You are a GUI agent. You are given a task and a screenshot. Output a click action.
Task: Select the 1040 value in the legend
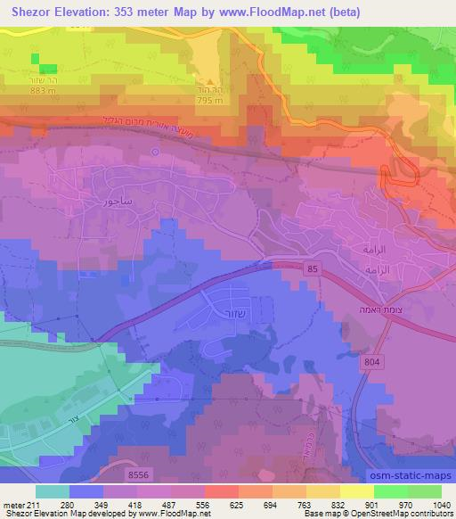442,505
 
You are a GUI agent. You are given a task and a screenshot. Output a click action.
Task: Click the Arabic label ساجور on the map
117,201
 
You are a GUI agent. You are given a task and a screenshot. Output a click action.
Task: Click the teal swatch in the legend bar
52,491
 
